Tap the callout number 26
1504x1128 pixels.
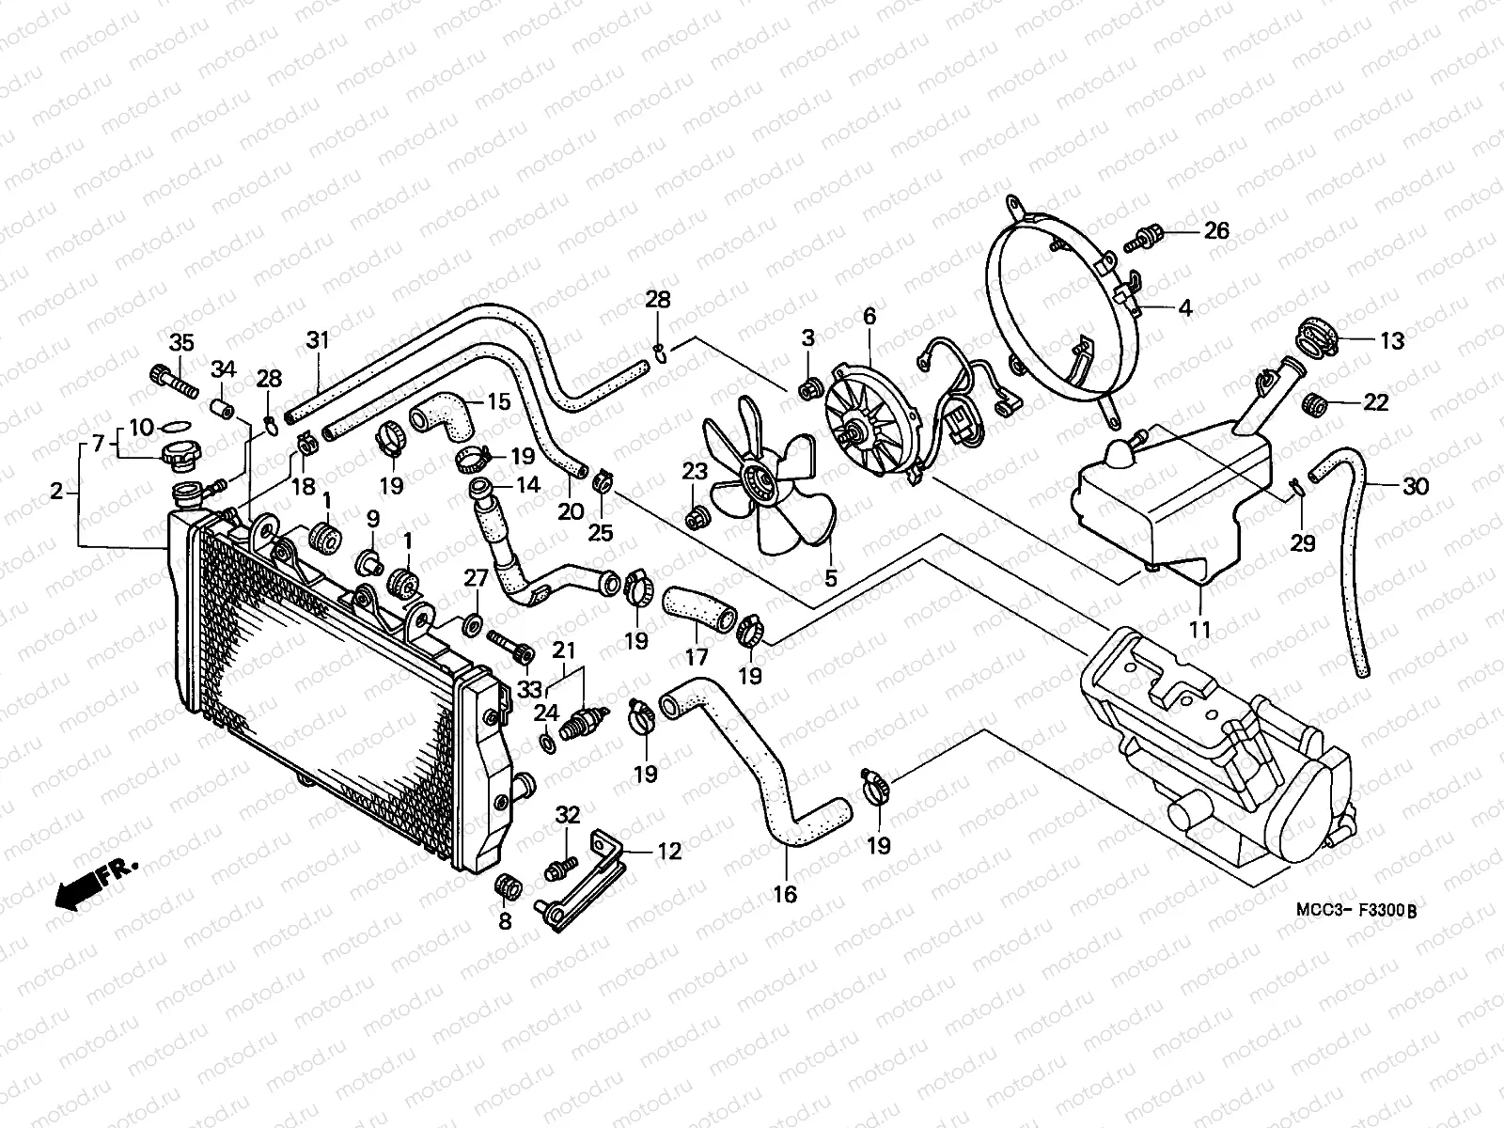click(x=1216, y=230)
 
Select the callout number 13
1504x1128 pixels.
click(x=1391, y=340)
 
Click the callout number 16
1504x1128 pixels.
click(x=785, y=894)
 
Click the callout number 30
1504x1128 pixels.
click(x=1416, y=486)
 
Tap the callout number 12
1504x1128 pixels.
click(x=668, y=852)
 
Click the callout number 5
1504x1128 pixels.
click(x=830, y=578)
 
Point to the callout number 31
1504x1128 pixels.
click(x=318, y=340)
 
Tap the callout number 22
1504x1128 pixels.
click(x=1376, y=402)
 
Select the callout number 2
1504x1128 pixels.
click(x=56, y=491)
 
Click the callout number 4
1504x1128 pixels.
click(x=1185, y=307)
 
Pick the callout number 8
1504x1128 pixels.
click(x=505, y=921)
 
